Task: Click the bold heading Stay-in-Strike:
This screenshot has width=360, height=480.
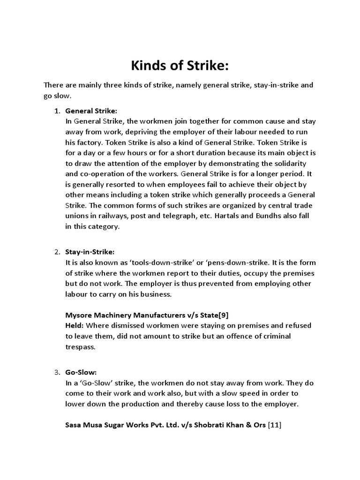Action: click(90, 252)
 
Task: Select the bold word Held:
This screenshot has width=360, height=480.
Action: click(75, 325)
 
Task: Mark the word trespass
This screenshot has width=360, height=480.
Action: click(80, 347)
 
